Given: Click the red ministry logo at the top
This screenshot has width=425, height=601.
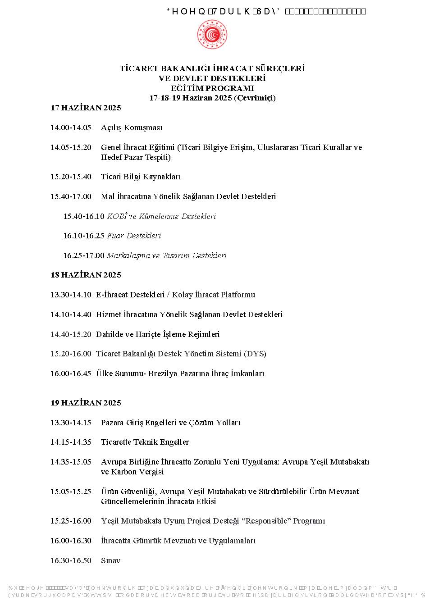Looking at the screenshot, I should click(212, 35).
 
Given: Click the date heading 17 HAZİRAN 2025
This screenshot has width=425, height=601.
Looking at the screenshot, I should click(86, 108).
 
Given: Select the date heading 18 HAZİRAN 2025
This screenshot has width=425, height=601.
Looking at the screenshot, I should click(86, 275).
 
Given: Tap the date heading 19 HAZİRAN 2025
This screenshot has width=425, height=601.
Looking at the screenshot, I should click(86, 403).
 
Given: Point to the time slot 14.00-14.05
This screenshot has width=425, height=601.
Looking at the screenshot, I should click(70, 128).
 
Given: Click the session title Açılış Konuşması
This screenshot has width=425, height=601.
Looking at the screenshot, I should click(132, 128).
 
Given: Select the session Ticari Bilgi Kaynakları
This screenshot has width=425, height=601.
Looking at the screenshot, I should click(141, 177).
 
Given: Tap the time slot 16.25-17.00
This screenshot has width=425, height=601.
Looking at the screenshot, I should click(84, 255).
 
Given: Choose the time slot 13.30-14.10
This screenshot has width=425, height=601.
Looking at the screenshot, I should click(70, 295).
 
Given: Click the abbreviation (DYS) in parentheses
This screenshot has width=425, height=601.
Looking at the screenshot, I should click(255, 354).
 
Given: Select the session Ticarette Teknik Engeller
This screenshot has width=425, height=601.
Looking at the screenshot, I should click(145, 442).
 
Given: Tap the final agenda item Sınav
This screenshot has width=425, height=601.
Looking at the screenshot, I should click(110, 560).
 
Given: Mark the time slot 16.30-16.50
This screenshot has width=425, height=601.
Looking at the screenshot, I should click(70, 560).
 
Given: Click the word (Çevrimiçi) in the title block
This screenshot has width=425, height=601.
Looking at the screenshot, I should click(255, 98).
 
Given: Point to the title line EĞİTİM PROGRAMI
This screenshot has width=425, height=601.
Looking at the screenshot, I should click(212, 88).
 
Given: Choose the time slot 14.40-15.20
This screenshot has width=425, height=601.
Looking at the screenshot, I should click(70, 334).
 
